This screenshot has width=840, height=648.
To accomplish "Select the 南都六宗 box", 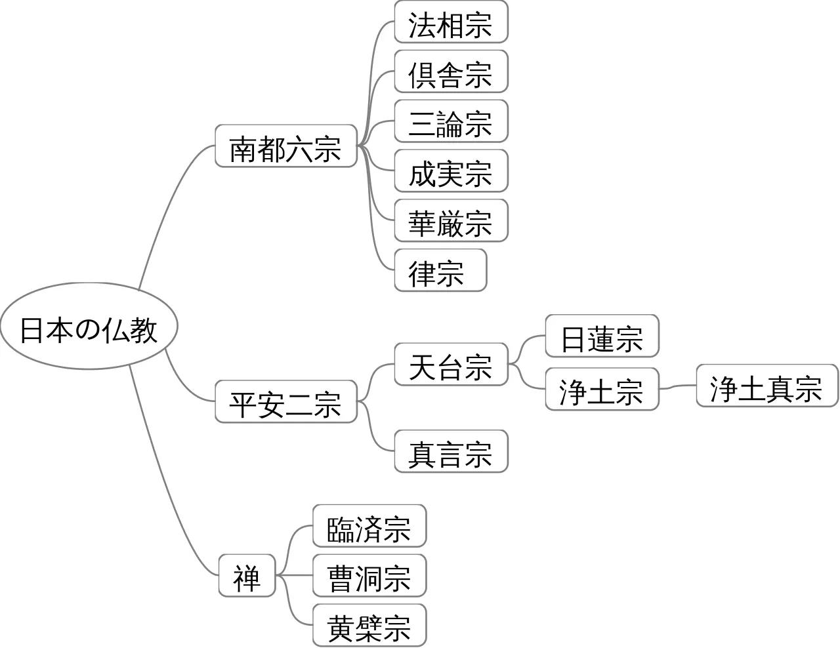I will [285, 146].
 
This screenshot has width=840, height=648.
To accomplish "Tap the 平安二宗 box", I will [285, 401].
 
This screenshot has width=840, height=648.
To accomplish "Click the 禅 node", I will [247, 576].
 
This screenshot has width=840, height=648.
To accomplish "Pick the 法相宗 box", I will [451, 22].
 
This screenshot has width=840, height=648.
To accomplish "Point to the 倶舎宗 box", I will [451, 71].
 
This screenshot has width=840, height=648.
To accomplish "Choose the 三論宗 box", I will [451, 121].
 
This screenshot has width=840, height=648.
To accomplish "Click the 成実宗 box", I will [451, 171].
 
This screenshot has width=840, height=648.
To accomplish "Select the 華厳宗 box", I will [451, 221].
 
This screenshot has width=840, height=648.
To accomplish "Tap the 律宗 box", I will [440, 270].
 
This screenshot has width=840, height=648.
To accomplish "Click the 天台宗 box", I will [451, 365].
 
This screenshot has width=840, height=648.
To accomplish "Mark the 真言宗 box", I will [451, 452].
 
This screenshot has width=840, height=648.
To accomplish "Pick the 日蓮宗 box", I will [602, 336].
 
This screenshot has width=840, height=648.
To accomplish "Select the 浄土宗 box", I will [602, 390].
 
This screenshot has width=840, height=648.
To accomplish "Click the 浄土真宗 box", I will [766, 386].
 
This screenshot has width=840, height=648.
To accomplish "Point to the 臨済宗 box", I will [369, 526].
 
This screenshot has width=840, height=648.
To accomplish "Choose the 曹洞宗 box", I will [369, 576].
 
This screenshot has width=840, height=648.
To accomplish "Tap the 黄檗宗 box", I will [369, 626].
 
